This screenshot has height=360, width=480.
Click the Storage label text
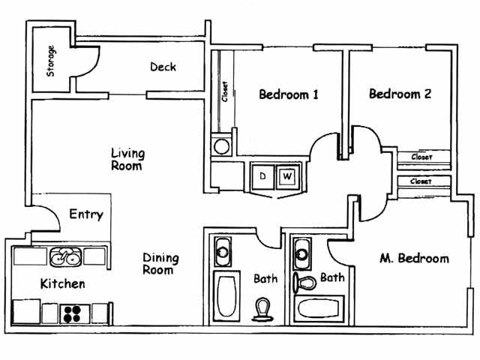click(x=51, y=62)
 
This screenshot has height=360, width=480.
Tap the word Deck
click(x=163, y=67)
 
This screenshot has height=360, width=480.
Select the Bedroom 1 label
click(x=289, y=94)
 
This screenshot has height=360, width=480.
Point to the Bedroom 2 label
click(x=400, y=94)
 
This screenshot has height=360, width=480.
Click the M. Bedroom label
click(x=414, y=259)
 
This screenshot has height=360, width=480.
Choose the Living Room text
click(x=128, y=160)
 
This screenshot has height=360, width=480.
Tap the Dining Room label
click(x=160, y=264)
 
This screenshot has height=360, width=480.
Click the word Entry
click(x=85, y=214)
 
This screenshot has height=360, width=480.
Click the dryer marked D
click(x=263, y=176)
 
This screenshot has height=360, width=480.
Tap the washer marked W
click(x=286, y=177)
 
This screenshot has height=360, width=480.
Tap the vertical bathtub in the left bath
click(x=226, y=297)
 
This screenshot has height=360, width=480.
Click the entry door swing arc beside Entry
click(x=47, y=220)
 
